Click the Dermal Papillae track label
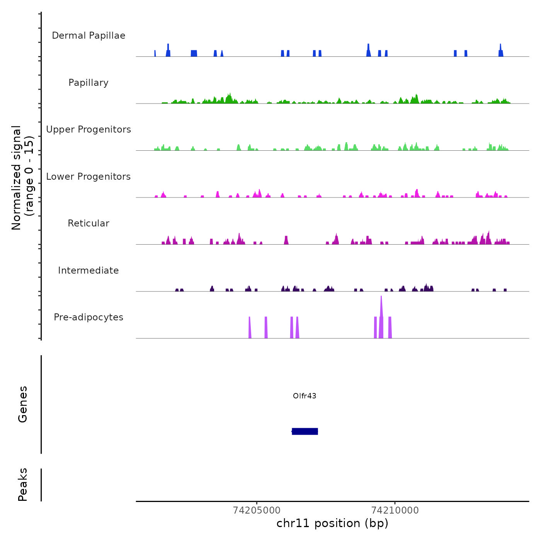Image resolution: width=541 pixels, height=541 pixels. point(88,36)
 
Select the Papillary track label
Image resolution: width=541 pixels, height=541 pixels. point(88,83)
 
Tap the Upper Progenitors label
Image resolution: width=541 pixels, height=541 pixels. point(88,129)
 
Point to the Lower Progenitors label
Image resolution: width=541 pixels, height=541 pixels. point(88,177)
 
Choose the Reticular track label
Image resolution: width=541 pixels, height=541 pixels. point(88,223)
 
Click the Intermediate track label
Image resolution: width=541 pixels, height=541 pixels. point(88,270)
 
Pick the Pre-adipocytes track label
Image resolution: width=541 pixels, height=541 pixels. point(88,317)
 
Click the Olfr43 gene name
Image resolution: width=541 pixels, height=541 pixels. point(305,396)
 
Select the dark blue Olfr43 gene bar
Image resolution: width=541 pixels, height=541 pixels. point(305,431)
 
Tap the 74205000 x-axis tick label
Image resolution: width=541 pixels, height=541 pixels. point(257,510)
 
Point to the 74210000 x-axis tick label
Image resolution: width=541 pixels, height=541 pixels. point(395,510)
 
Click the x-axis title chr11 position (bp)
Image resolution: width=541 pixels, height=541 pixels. point(332,523)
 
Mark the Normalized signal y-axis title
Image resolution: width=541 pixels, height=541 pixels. point(22,177)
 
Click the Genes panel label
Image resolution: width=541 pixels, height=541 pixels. point(23,404)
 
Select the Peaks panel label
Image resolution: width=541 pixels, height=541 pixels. point(23,485)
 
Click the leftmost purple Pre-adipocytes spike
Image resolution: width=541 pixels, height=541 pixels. point(250,328)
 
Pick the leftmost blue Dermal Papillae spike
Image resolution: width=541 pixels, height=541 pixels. point(155,54)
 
